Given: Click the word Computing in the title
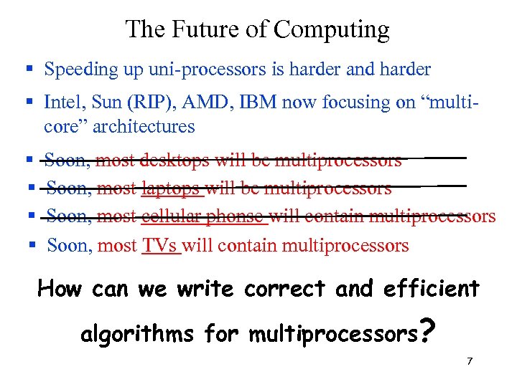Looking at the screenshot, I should point(332,30).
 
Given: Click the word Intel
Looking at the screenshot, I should point(62,102).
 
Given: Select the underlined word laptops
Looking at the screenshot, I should point(172,188).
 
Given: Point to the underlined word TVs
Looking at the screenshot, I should point(160,246).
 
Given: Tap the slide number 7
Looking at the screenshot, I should point(470,360).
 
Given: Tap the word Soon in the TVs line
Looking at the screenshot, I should point(69,246).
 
